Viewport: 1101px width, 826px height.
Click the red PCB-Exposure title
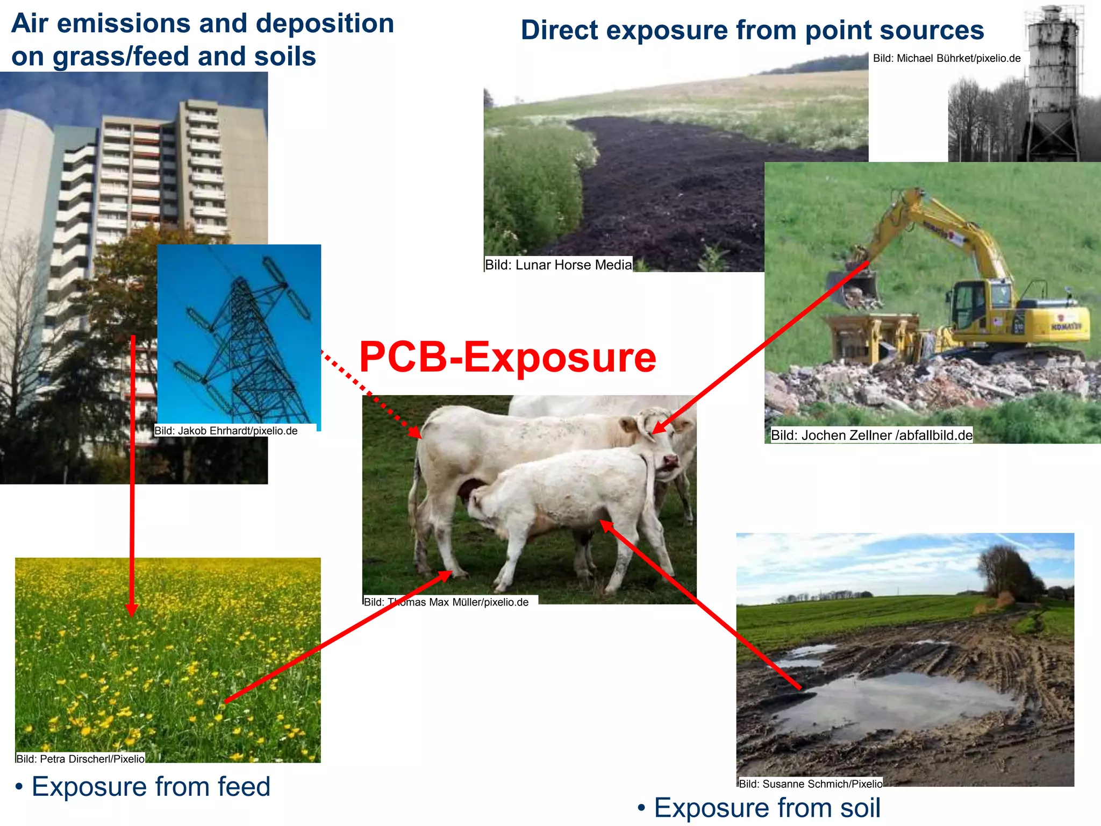coord(507,357)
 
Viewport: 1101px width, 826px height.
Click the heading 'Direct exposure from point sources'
coord(752,30)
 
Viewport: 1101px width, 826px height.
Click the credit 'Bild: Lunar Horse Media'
coord(558,265)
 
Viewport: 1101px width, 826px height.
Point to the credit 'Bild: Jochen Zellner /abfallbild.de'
coord(871,435)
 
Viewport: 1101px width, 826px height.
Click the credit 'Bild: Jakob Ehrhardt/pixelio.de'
coord(226,431)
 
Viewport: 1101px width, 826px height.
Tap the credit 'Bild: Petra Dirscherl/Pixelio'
coord(80,759)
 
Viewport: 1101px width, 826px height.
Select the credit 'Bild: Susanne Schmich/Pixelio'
coord(810,784)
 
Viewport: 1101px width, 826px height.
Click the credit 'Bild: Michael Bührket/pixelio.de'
coord(946,59)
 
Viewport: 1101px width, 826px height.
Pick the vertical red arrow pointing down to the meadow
coord(132,473)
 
